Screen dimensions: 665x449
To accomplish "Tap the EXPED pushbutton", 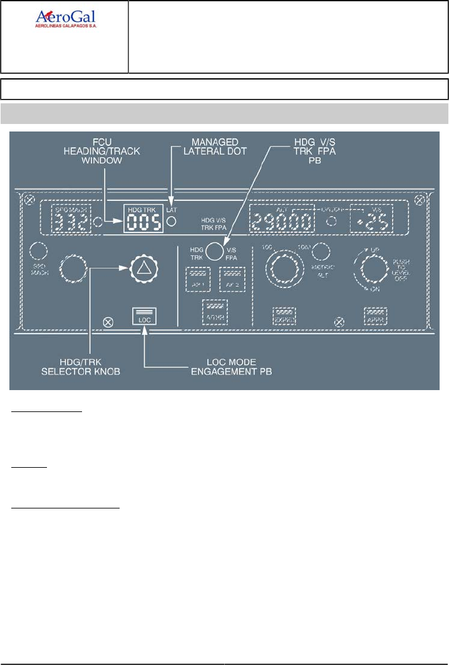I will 284,316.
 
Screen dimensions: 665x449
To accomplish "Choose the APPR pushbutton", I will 376,316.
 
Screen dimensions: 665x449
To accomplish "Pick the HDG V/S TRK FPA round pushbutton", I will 215,251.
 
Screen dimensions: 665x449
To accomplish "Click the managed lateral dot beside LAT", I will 171,222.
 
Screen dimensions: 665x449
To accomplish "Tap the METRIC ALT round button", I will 322,251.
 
